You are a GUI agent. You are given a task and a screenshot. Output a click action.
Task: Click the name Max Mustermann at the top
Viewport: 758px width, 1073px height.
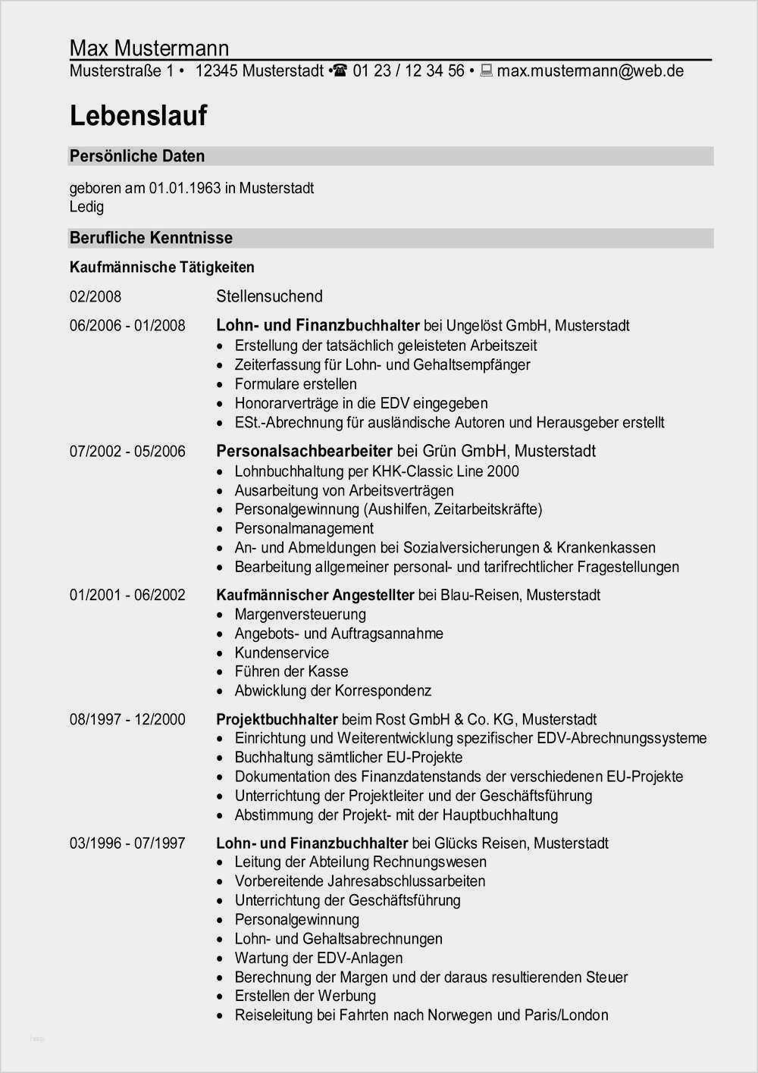pos(149,48)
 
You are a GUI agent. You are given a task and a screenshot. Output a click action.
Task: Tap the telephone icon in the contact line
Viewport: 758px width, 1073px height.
pos(340,71)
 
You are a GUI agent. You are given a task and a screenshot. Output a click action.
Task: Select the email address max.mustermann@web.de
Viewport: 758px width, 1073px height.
pos(590,71)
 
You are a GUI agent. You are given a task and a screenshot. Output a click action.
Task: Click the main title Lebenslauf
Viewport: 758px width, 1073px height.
pos(138,116)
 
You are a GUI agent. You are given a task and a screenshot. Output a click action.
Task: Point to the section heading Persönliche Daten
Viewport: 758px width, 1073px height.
pos(137,156)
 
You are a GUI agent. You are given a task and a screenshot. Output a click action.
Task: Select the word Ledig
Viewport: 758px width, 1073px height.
pos(86,207)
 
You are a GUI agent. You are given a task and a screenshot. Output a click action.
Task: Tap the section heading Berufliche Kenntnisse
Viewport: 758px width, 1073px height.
pos(151,238)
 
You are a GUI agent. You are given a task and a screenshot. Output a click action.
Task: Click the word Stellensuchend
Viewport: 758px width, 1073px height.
pos(269,296)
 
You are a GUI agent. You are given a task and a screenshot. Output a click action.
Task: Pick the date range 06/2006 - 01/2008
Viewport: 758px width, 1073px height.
pos(127,326)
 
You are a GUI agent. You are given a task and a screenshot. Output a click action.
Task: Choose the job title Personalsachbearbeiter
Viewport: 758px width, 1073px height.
pos(304,451)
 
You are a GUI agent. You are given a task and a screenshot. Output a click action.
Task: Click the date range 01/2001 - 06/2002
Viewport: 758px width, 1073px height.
pos(127,595)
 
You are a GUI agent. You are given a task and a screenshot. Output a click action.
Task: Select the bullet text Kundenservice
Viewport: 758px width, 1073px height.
pos(281,652)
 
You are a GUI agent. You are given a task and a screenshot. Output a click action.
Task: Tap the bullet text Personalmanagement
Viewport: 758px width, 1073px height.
pos(304,528)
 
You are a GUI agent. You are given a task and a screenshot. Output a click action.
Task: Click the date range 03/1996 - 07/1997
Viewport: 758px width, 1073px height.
pos(127,843)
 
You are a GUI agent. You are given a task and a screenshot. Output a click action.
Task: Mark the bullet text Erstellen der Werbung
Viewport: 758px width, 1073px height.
pos(305,996)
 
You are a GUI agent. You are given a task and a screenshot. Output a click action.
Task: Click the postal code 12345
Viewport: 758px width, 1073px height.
pos(217,71)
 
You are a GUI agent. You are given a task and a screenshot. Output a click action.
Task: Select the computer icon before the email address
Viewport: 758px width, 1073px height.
pos(486,71)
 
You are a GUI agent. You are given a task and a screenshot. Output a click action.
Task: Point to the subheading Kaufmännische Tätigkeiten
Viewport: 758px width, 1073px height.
pos(162,267)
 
